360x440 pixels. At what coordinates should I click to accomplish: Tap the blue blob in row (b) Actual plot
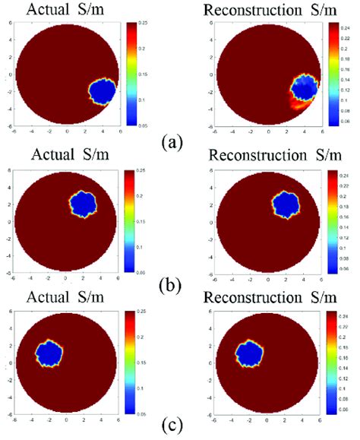coord(83,204)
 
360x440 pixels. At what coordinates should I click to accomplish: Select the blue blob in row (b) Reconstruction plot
coord(286,203)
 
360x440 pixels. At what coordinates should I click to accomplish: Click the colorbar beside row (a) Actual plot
coord(130,72)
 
